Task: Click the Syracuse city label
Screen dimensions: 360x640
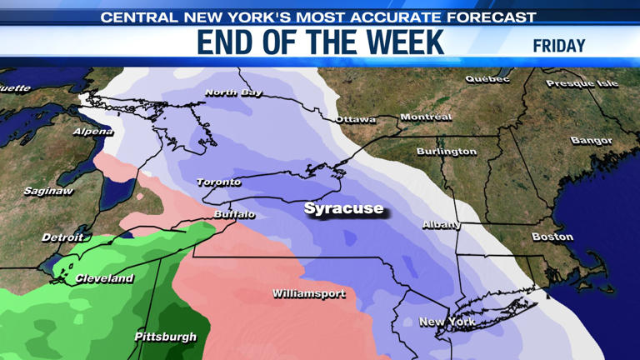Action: tap(343, 208)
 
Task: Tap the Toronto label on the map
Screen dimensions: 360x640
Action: tap(219, 182)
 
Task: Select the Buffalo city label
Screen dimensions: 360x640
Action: tap(233, 214)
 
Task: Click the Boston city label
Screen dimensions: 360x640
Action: tap(552, 237)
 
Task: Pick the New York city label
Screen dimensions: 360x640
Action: tap(447, 322)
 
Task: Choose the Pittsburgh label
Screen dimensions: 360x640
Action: tap(166, 337)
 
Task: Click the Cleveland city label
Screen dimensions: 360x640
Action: tap(104, 278)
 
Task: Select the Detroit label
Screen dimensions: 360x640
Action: tap(62, 237)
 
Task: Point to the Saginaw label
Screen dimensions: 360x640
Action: tap(48, 191)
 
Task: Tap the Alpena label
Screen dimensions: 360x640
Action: tap(92, 132)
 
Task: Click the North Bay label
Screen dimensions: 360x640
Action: tap(233, 92)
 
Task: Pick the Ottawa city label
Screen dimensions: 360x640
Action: tap(356, 119)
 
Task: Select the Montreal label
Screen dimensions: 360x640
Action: tap(426, 117)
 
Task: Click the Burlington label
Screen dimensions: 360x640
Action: tap(447, 152)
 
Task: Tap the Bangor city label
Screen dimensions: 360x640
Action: tap(592, 141)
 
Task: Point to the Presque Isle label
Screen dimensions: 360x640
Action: tap(582, 83)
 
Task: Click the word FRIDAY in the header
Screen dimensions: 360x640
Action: tap(558, 46)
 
